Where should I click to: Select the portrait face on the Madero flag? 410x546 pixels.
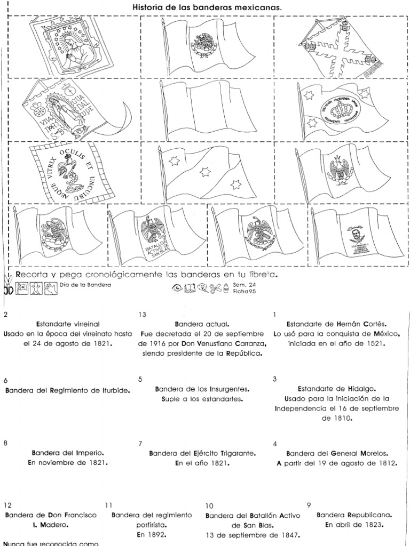353,233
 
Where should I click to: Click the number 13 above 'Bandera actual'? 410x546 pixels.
142,315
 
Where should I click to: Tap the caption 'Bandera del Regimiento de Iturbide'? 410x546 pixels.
68,390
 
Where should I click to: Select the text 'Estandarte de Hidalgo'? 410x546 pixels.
337,389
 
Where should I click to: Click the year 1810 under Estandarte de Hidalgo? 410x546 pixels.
336,419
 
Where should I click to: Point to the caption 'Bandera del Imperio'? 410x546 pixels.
67,453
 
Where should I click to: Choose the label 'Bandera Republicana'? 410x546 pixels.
354,515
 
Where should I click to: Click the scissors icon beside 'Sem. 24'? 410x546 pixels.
216,289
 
